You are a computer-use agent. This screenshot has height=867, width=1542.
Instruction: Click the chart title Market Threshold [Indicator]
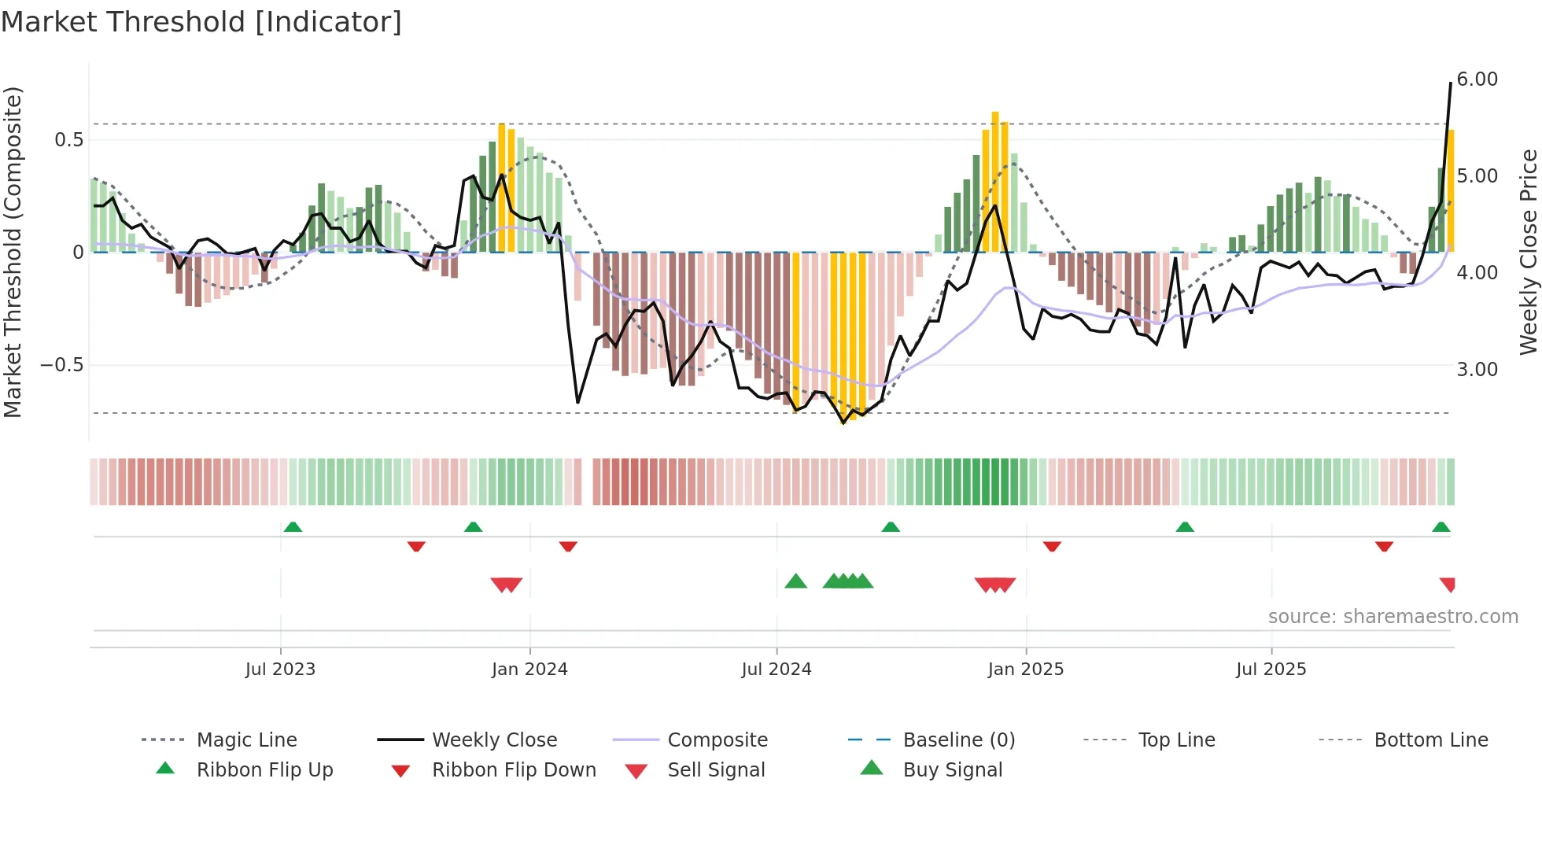tap(201, 22)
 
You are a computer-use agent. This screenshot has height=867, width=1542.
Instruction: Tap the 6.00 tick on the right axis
tap(1477, 79)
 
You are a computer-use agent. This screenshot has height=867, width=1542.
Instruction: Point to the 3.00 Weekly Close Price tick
tap(1477, 370)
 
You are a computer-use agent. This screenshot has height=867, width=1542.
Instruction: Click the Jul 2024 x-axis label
tap(776, 670)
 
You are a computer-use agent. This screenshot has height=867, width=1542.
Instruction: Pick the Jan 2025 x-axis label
tap(1025, 670)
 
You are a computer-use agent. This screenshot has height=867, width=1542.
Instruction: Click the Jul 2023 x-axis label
tap(280, 670)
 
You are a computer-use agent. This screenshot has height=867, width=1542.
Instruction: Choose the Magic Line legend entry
tap(246, 740)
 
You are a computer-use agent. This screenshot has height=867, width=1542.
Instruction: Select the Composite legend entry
tap(717, 740)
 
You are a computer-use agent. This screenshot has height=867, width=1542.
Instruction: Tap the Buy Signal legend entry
tap(952, 770)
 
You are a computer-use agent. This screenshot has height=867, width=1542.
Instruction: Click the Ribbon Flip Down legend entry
tap(513, 770)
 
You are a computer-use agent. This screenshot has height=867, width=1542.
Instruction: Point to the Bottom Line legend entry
tap(1430, 740)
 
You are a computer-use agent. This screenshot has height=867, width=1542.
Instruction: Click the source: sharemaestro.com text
tap(1393, 617)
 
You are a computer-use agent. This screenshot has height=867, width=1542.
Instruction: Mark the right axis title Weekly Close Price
tap(1528, 252)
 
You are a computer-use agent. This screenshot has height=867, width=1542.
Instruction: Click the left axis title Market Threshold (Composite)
tap(13, 252)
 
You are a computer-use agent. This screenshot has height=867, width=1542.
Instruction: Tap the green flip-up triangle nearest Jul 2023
tap(293, 526)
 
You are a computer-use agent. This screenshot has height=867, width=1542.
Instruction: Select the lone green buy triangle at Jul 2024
tap(795, 581)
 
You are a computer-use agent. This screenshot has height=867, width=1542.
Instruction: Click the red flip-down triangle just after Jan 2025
tap(1052, 546)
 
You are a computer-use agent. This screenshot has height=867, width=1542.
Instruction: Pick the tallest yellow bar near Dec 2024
tap(995, 181)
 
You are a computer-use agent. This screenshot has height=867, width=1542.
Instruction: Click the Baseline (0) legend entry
tap(958, 740)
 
